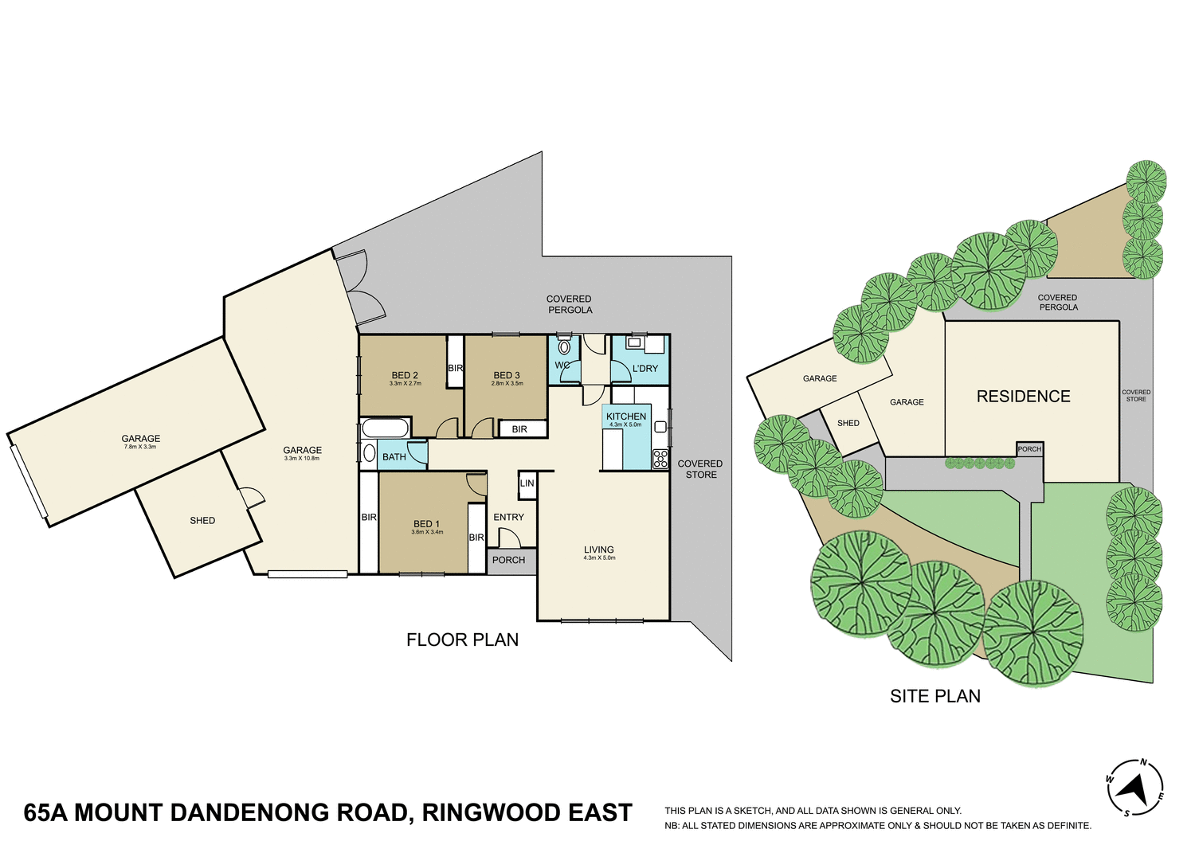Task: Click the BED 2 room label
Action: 405,375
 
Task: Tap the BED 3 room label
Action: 507,375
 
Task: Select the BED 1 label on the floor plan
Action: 426,524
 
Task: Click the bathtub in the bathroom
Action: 385,428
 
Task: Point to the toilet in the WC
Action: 565,347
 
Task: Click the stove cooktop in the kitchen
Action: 660,459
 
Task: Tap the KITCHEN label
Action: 626,417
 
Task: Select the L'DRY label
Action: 645,369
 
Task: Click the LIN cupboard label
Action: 527,483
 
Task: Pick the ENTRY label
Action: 508,517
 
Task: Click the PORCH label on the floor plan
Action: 508,560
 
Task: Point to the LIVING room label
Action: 599,550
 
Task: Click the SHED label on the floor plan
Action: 202,520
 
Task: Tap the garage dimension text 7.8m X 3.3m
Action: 140,447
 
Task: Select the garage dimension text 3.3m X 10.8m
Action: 303,458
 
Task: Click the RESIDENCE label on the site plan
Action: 1023,396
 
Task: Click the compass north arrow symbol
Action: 1134,788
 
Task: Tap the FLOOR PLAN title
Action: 462,640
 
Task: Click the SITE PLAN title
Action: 935,696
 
